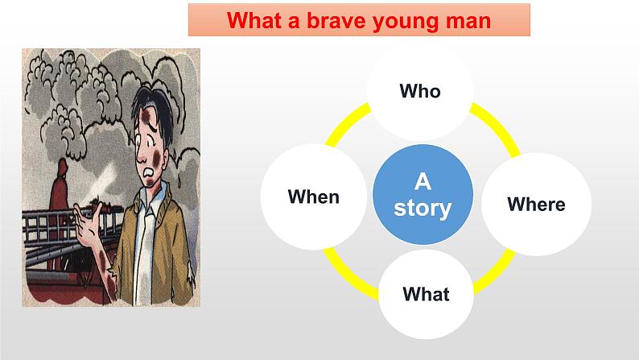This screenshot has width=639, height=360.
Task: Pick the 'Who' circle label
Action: [x=420, y=90]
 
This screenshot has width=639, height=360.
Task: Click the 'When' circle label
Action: [x=313, y=197]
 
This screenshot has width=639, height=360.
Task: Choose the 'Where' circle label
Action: [x=536, y=204]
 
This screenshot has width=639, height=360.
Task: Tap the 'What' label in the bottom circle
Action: [x=426, y=293]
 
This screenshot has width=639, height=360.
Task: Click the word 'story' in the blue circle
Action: [x=423, y=208]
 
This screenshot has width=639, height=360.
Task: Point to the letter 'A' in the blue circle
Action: [x=423, y=181]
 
